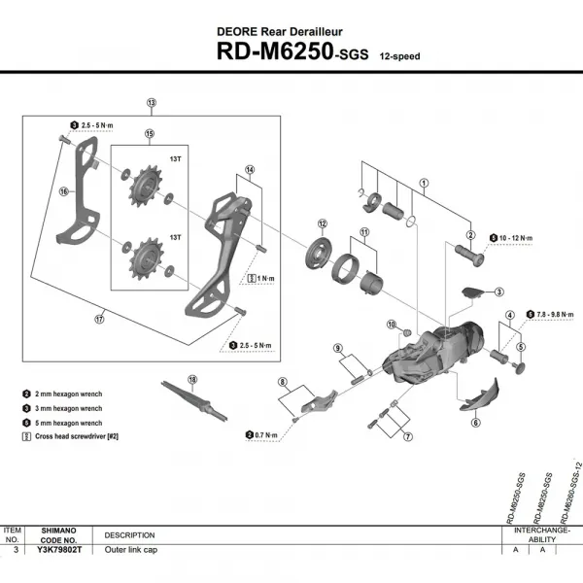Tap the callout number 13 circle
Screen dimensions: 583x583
tap(152, 102)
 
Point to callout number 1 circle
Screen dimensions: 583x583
tap(424, 182)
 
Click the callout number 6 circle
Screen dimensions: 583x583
tap(476, 423)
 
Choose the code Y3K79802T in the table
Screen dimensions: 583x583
tap(66, 550)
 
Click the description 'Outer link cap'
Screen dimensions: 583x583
tap(131, 550)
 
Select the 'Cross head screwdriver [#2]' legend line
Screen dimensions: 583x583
tap(80, 439)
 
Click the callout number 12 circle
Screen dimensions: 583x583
tap(322, 223)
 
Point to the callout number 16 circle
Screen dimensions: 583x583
tap(65, 192)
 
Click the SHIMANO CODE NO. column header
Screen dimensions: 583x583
tap(66, 534)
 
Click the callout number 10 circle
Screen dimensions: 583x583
tap(393, 324)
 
